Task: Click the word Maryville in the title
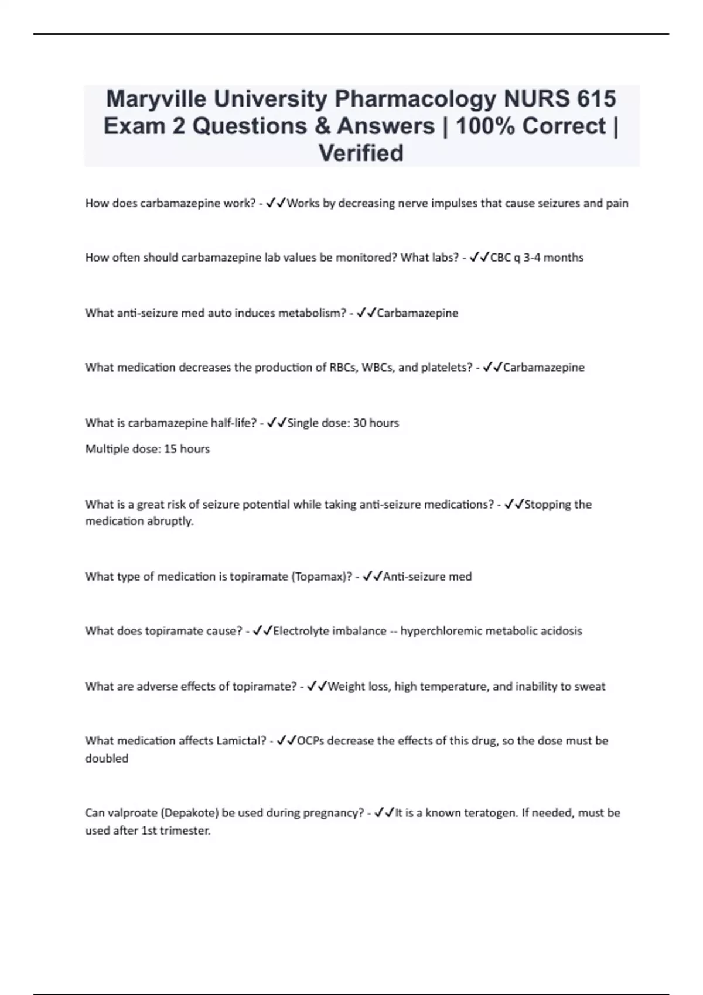[156, 99]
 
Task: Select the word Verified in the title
[361, 153]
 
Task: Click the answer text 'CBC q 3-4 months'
[537, 258]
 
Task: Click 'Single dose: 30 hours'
[343, 423]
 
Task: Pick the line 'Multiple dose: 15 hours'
[148, 449]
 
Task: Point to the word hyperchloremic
[439, 631]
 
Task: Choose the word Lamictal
[241, 741]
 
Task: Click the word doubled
[107, 759]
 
